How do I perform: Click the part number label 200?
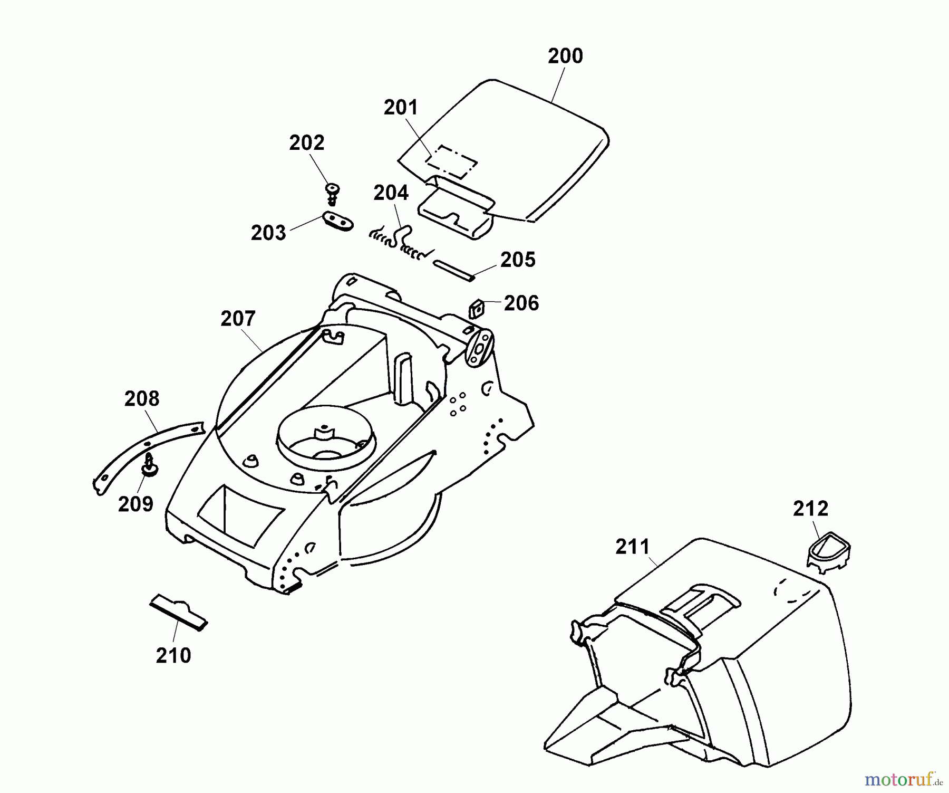[565, 56]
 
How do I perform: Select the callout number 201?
[401, 108]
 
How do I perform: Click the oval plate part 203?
[336, 221]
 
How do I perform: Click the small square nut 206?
[477, 309]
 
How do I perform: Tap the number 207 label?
[238, 319]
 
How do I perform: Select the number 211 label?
[633, 547]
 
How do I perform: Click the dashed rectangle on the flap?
[452, 161]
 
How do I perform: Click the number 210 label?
[173, 656]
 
